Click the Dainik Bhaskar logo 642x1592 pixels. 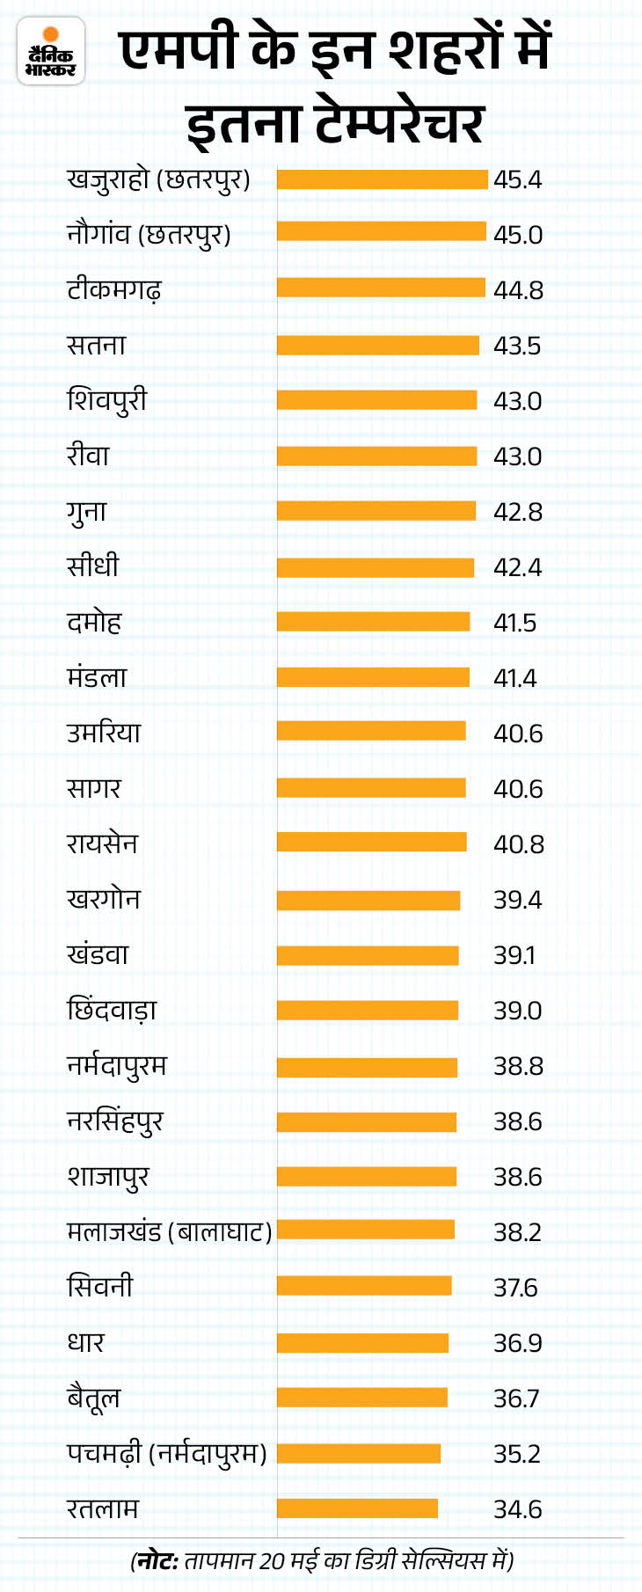[51, 52]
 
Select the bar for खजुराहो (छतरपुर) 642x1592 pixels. [382, 179]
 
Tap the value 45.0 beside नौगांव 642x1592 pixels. [518, 235]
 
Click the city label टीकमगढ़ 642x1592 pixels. [114, 289]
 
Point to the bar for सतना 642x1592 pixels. [378, 346]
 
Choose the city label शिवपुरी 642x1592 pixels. [107, 401]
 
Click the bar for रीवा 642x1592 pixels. [376, 456]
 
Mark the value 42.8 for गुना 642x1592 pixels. [518, 512]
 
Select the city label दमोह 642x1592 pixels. [94, 623]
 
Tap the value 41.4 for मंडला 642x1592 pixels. [515, 678]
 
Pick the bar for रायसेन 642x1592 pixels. [371, 843]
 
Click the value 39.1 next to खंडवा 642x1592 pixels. [514, 955]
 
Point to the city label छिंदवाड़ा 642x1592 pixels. [112, 1011]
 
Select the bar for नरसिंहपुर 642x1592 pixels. [367, 1121]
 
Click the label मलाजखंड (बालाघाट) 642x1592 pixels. [170, 1232]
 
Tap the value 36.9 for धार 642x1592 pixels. [518, 1343]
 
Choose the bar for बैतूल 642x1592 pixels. [362, 1398]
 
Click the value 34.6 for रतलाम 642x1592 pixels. [518, 1509]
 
